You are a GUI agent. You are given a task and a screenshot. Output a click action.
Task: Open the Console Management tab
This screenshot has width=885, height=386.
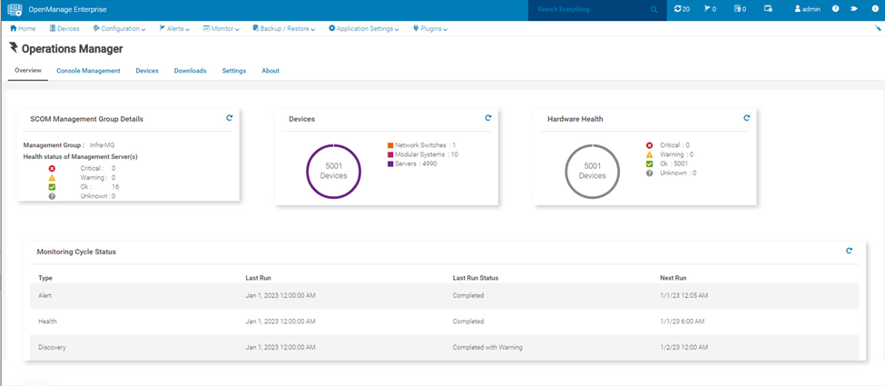(x=88, y=71)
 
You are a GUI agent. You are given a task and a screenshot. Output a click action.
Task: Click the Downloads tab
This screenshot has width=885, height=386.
(x=190, y=71)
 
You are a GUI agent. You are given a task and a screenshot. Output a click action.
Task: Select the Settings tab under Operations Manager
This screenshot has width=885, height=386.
(x=233, y=71)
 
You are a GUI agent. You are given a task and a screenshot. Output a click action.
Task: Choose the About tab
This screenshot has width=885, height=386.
(x=270, y=71)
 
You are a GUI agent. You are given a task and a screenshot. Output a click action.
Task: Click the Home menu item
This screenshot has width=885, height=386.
(x=23, y=28)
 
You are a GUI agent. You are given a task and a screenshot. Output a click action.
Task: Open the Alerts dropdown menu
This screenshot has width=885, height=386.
(x=174, y=28)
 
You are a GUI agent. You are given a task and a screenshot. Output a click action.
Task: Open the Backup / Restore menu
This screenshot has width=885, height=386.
(x=284, y=28)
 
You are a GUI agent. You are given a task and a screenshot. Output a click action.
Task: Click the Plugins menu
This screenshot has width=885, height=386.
(x=430, y=28)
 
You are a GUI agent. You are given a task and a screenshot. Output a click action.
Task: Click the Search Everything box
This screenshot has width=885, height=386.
(x=594, y=10)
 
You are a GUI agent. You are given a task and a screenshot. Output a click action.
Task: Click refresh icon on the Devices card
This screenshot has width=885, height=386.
(x=488, y=117)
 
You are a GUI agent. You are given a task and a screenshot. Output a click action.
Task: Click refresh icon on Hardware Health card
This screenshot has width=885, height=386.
(x=747, y=117)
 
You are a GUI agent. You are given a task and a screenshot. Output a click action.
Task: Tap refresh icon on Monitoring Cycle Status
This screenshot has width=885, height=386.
(x=849, y=251)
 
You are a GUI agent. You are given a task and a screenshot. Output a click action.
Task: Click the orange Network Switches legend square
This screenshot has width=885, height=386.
(x=390, y=145)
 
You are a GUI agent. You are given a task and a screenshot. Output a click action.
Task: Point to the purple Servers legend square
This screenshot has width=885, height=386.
(x=390, y=163)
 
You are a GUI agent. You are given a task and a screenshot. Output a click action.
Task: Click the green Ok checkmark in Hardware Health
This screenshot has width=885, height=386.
(x=649, y=163)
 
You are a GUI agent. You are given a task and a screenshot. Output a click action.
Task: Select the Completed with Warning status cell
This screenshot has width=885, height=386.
(x=487, y=347)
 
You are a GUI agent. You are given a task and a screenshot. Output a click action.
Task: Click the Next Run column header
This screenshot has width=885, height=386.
(x=673, y=278)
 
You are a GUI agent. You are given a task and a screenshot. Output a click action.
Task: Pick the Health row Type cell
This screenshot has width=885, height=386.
(x=47, y=322)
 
